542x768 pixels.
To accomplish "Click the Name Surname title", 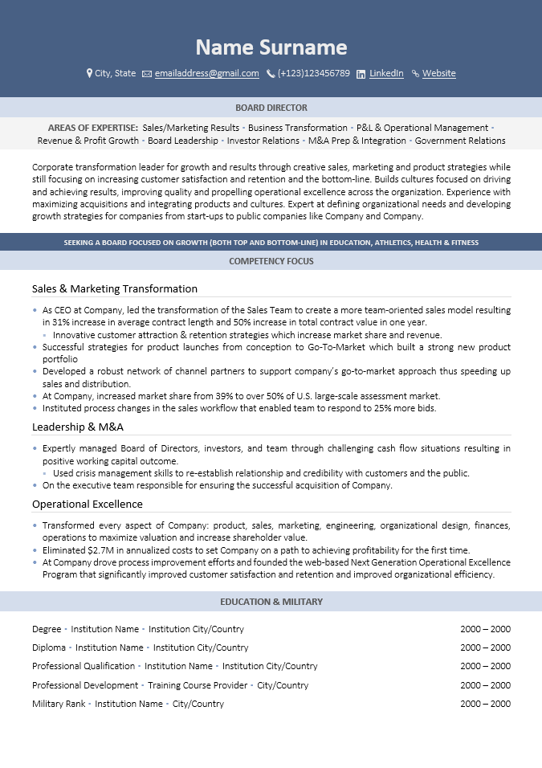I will (x=271, y=47).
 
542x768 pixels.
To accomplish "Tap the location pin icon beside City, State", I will (x=89, y=73).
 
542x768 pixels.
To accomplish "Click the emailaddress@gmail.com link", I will (x=206, y=73).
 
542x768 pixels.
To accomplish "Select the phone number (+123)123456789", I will (x=313, y=73).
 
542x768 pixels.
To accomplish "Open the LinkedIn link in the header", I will (x=386, y=73).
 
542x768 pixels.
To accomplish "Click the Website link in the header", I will (x=438, y=73).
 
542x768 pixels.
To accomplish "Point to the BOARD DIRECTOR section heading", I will (x=271, y=108).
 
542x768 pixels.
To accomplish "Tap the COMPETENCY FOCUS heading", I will (x=271, y=261).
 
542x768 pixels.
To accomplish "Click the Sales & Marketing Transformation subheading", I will (x=115, y=288).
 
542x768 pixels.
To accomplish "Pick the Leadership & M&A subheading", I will (x=78, y=427).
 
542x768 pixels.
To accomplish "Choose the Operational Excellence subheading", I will (x=88, y=504).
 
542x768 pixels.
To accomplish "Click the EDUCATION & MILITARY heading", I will (x=271, y=602).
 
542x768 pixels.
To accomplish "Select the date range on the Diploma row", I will (x=485, y=647).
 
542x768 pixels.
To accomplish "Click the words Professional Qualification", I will (x=84, y=666).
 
